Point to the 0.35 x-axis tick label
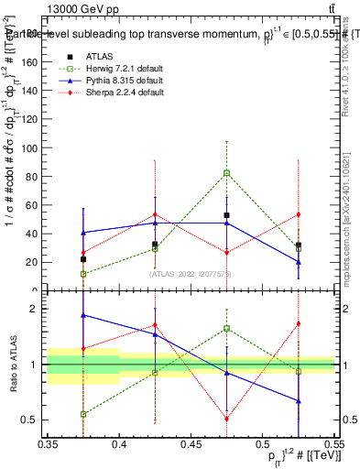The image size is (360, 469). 48,444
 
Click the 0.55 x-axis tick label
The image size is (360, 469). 333,444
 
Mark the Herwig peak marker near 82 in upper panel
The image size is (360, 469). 226,172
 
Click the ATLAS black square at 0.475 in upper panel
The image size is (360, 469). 226,215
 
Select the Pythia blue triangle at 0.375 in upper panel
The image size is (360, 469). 83,233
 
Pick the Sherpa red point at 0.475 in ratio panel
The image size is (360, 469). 226,420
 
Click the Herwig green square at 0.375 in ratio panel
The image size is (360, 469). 83,414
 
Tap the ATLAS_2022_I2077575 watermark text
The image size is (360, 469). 191,273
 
